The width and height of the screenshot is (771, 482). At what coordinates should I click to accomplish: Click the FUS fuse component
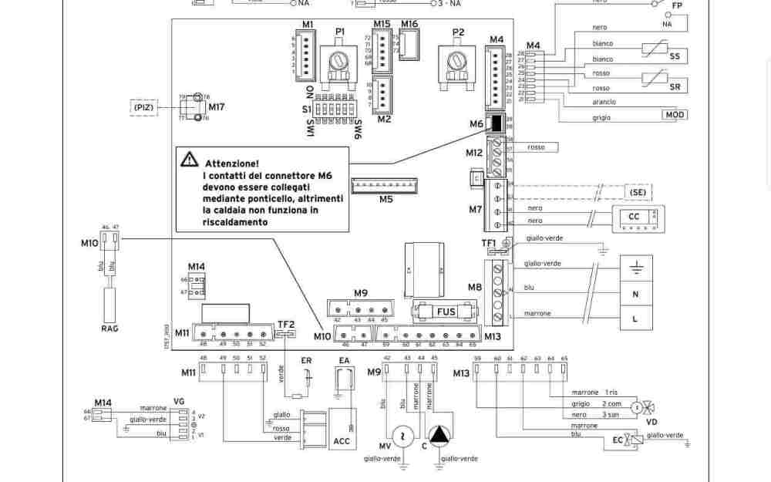(446, 312)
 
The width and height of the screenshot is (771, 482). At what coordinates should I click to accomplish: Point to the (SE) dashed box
(637, 192)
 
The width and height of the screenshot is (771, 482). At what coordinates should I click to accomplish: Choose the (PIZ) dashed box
(143, 107)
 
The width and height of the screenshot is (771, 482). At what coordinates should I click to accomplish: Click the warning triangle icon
(189, 160)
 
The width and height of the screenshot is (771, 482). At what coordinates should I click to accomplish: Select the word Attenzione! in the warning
(231, 163)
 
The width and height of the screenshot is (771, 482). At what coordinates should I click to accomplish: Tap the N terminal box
(635, 294)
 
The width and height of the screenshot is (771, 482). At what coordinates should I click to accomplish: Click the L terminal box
(635, 318)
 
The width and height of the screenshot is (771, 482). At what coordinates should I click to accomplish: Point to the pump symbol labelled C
(438, 436)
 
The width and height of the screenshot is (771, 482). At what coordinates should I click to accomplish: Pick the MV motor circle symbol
(402, 437)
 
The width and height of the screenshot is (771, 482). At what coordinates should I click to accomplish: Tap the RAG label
(109, 329)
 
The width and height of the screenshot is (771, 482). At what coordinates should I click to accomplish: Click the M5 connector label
(385, 200)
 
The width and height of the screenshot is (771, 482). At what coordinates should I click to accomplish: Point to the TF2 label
(285, 325)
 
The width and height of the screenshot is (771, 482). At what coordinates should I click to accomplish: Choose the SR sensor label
(675, 87)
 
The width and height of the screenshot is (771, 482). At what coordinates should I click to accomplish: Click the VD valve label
(651, 422)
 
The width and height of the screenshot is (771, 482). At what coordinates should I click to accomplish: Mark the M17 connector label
(217, 107)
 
